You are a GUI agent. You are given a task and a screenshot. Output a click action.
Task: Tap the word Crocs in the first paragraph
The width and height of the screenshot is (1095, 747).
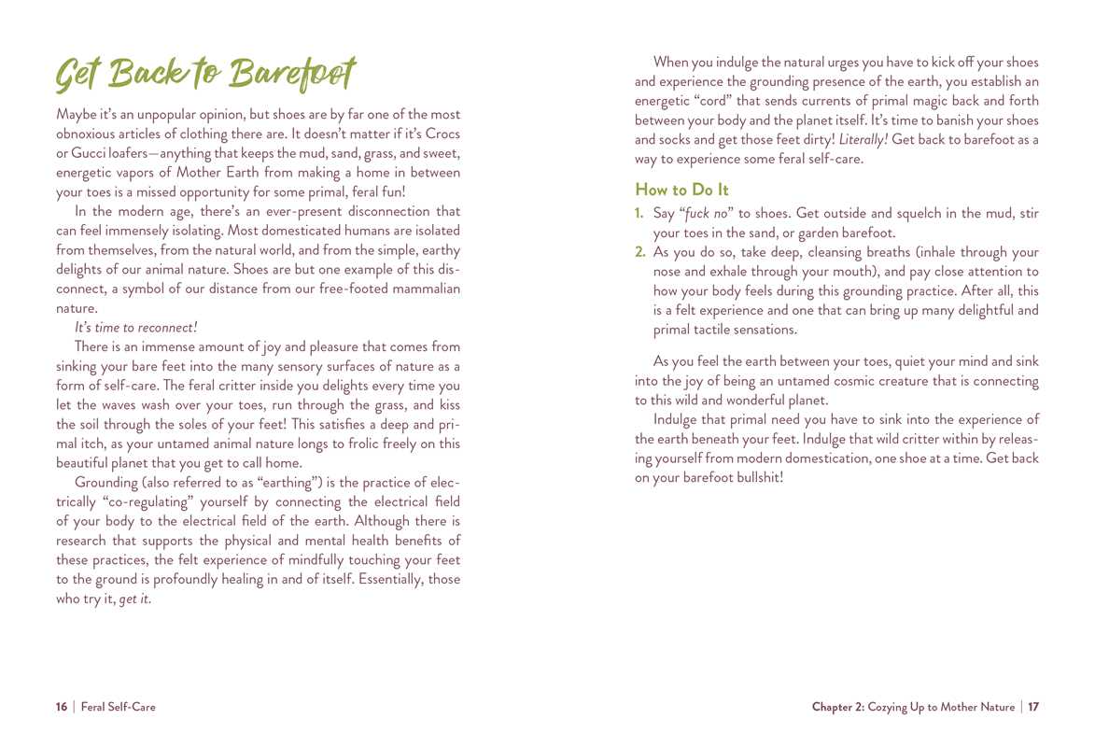438,134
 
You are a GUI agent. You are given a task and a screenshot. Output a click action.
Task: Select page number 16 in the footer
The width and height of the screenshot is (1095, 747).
62,708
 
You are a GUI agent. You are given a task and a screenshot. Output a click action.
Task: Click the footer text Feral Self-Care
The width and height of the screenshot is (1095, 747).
119,708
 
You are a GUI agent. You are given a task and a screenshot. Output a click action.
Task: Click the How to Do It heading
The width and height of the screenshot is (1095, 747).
681,190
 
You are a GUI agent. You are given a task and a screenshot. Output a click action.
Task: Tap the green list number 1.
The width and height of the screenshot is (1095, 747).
639,214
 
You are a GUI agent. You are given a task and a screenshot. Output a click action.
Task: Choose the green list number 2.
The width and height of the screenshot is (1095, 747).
640,252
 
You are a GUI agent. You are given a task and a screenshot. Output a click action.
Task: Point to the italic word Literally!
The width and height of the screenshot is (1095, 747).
863,140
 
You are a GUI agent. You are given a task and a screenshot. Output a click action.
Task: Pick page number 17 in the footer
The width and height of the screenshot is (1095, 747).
1033,708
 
